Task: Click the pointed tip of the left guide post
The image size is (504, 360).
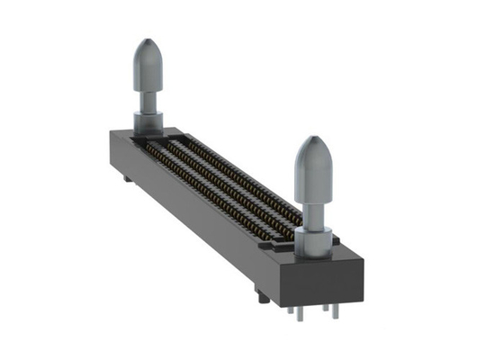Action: pyautogui.click(x=148, y=41)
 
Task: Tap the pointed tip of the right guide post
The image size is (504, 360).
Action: pyautogui.click(x=312, y=139)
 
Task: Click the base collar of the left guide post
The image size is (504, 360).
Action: pyautogui.click(x=148, y=121)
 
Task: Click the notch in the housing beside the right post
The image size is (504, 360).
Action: pyautogui.click(x=270, y=241)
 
